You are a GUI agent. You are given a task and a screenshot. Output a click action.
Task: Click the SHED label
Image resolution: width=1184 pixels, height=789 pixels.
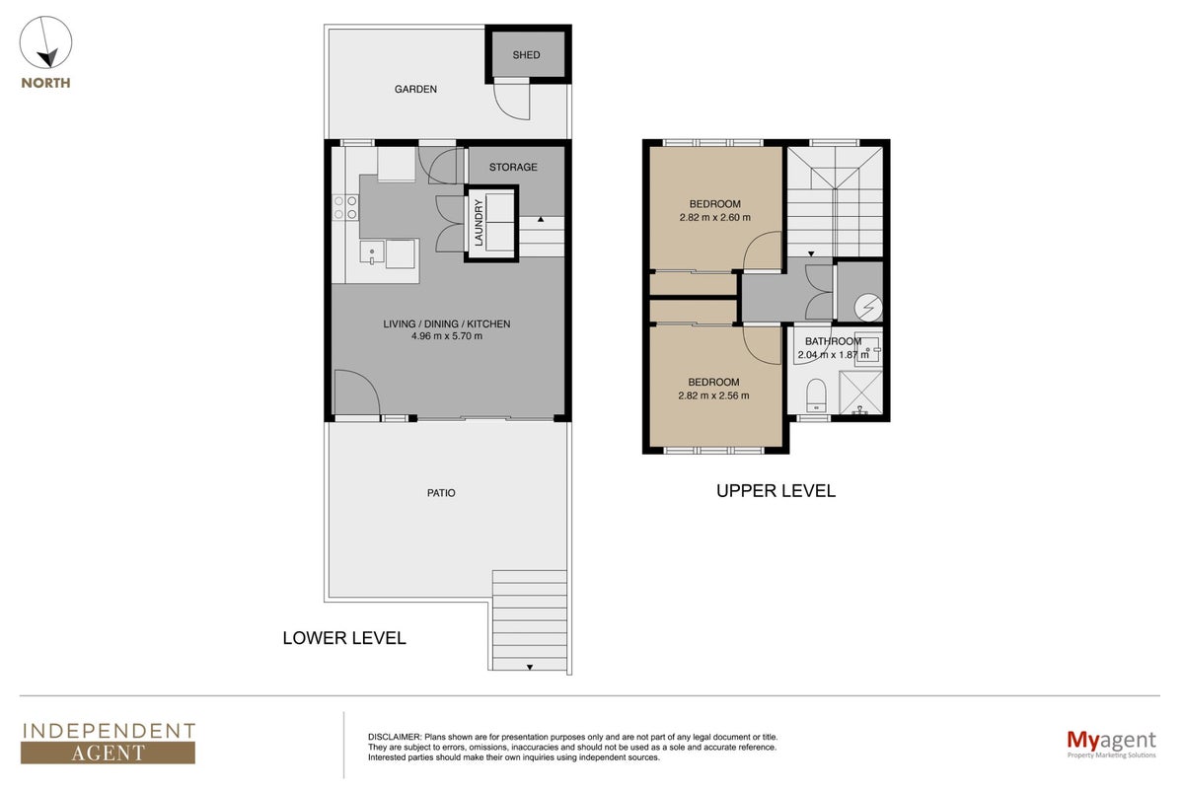click(526, 55)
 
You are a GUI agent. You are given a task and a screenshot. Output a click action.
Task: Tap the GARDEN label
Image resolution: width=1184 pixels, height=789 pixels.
click(415, 90)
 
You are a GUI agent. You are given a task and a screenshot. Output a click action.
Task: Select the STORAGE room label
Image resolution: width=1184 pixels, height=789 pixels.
click(513, 167)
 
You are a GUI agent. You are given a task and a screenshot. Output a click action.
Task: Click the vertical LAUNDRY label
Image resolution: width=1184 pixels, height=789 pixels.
click(479, 223)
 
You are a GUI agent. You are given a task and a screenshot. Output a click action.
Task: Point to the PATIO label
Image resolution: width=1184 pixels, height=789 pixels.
click(441, 493)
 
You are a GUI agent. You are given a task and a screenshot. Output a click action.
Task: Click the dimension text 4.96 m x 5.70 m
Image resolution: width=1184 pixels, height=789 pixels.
click(447, 336)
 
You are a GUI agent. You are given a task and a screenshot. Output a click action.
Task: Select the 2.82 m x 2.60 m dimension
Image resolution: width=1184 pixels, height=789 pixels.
click(714, 217)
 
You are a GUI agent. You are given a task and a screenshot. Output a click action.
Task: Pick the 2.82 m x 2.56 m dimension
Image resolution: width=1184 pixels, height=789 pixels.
click(713, 395)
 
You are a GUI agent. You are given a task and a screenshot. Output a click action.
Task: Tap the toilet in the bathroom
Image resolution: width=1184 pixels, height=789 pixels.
click(816, 395)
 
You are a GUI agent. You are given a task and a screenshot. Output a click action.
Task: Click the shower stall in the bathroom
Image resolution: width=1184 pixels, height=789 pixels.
click(860, 393)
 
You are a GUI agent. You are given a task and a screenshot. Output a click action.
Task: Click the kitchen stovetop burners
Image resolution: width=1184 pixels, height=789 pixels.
click(345, 207)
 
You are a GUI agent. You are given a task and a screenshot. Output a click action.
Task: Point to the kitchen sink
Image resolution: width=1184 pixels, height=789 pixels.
click(372, 252)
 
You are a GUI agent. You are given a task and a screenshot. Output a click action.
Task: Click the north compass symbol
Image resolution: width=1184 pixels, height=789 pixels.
click(46, 42)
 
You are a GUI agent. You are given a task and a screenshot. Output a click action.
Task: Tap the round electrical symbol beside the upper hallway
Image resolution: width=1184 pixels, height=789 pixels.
click(868, 307)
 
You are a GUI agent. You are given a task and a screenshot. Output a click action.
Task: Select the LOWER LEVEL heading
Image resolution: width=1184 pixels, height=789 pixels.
click(344, 638)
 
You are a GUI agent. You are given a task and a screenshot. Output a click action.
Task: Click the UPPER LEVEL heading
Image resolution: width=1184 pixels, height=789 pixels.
click(776, 491)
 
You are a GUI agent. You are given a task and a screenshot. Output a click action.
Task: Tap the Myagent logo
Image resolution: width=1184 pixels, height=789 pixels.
click(1111, 744)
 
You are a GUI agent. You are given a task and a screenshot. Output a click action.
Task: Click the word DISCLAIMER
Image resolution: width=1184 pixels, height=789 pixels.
click(395, 737)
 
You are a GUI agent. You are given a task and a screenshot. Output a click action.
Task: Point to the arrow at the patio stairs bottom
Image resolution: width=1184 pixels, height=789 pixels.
click(530, 667)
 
